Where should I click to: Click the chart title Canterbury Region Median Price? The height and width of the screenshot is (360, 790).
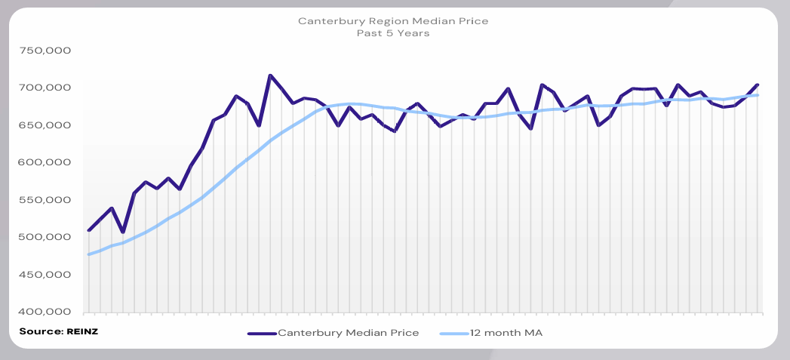pyautogui.click(x=393, y=21)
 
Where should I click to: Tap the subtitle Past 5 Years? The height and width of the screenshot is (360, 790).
pyautogui.click(x=393, y=33)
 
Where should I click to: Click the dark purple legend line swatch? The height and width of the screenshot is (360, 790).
pyautogui.click(x=261, y=332)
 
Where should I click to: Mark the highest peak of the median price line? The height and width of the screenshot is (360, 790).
pyautogui.click(x=270, y=75)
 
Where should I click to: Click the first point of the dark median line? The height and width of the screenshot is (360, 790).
pyautogui.click(x=89, y=230)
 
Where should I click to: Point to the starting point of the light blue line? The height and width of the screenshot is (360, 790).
pyautogui.click(x=89, y=254)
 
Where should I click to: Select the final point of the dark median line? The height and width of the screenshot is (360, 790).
pyautogui.click(x=758, y=85)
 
